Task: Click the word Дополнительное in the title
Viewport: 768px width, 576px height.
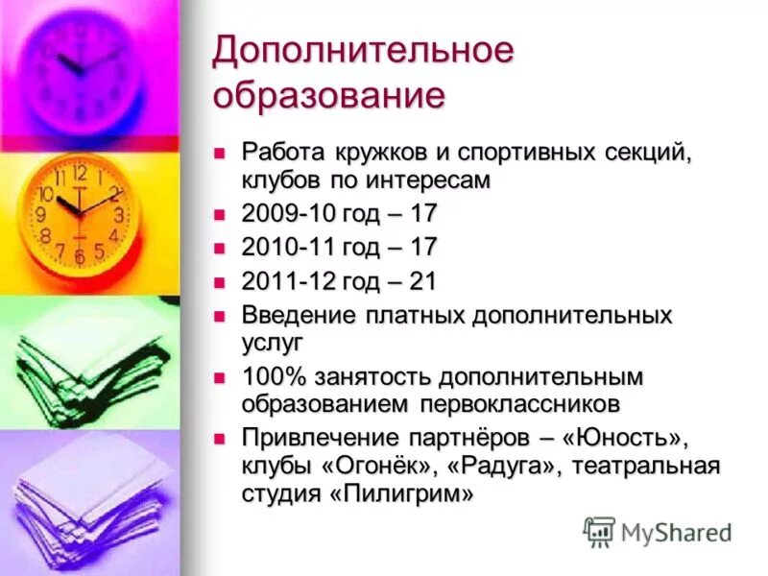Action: [363, 54]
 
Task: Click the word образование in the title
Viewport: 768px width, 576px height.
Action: [328, 96]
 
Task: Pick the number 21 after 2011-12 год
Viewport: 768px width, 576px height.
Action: [422, 281]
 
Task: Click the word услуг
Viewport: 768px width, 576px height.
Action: [273, 340]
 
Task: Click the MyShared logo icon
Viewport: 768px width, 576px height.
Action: [599, 530]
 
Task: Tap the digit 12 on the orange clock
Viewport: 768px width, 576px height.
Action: [79, 174]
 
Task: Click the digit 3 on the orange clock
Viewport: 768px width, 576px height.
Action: [118, 215]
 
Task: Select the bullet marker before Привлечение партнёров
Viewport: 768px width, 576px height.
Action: [220, 438]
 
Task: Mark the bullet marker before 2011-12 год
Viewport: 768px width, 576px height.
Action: [220, 282]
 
